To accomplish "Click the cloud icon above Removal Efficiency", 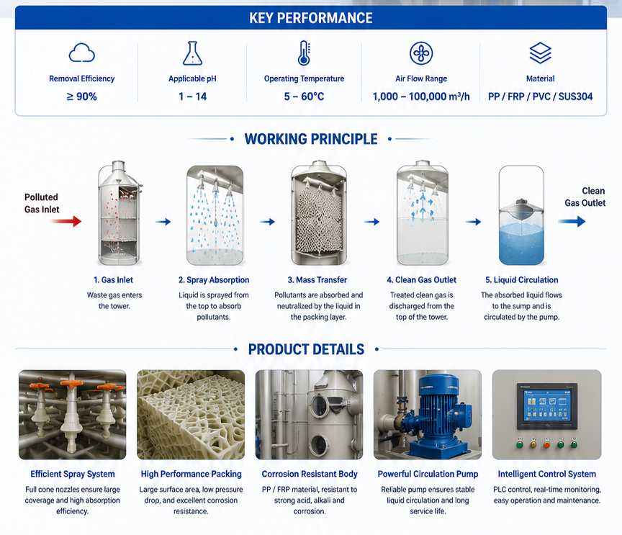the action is coord(82,53).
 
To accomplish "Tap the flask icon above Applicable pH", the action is coord(192,53).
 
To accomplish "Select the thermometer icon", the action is coord(305,53).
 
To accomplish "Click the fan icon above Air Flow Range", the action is coord(421,53).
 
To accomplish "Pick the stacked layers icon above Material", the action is coord(540,53).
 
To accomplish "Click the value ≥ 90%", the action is coord(82,96).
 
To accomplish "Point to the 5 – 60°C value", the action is coord(304,96).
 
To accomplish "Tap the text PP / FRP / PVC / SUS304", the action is coord(540,96).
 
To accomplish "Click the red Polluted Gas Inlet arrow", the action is coord(66,221).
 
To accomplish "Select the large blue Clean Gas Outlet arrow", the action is coord(572,221).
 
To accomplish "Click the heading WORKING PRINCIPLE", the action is coord(311,139).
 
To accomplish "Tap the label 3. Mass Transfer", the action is coord(317,280).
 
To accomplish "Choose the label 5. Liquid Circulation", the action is coord(522,280).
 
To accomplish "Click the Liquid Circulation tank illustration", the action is coord(521,215).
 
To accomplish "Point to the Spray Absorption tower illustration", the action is coord(215,215).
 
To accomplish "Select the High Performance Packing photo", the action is coord(191,415).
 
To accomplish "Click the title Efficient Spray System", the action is coord(73,474).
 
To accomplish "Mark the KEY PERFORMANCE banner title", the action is coord(311,18).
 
